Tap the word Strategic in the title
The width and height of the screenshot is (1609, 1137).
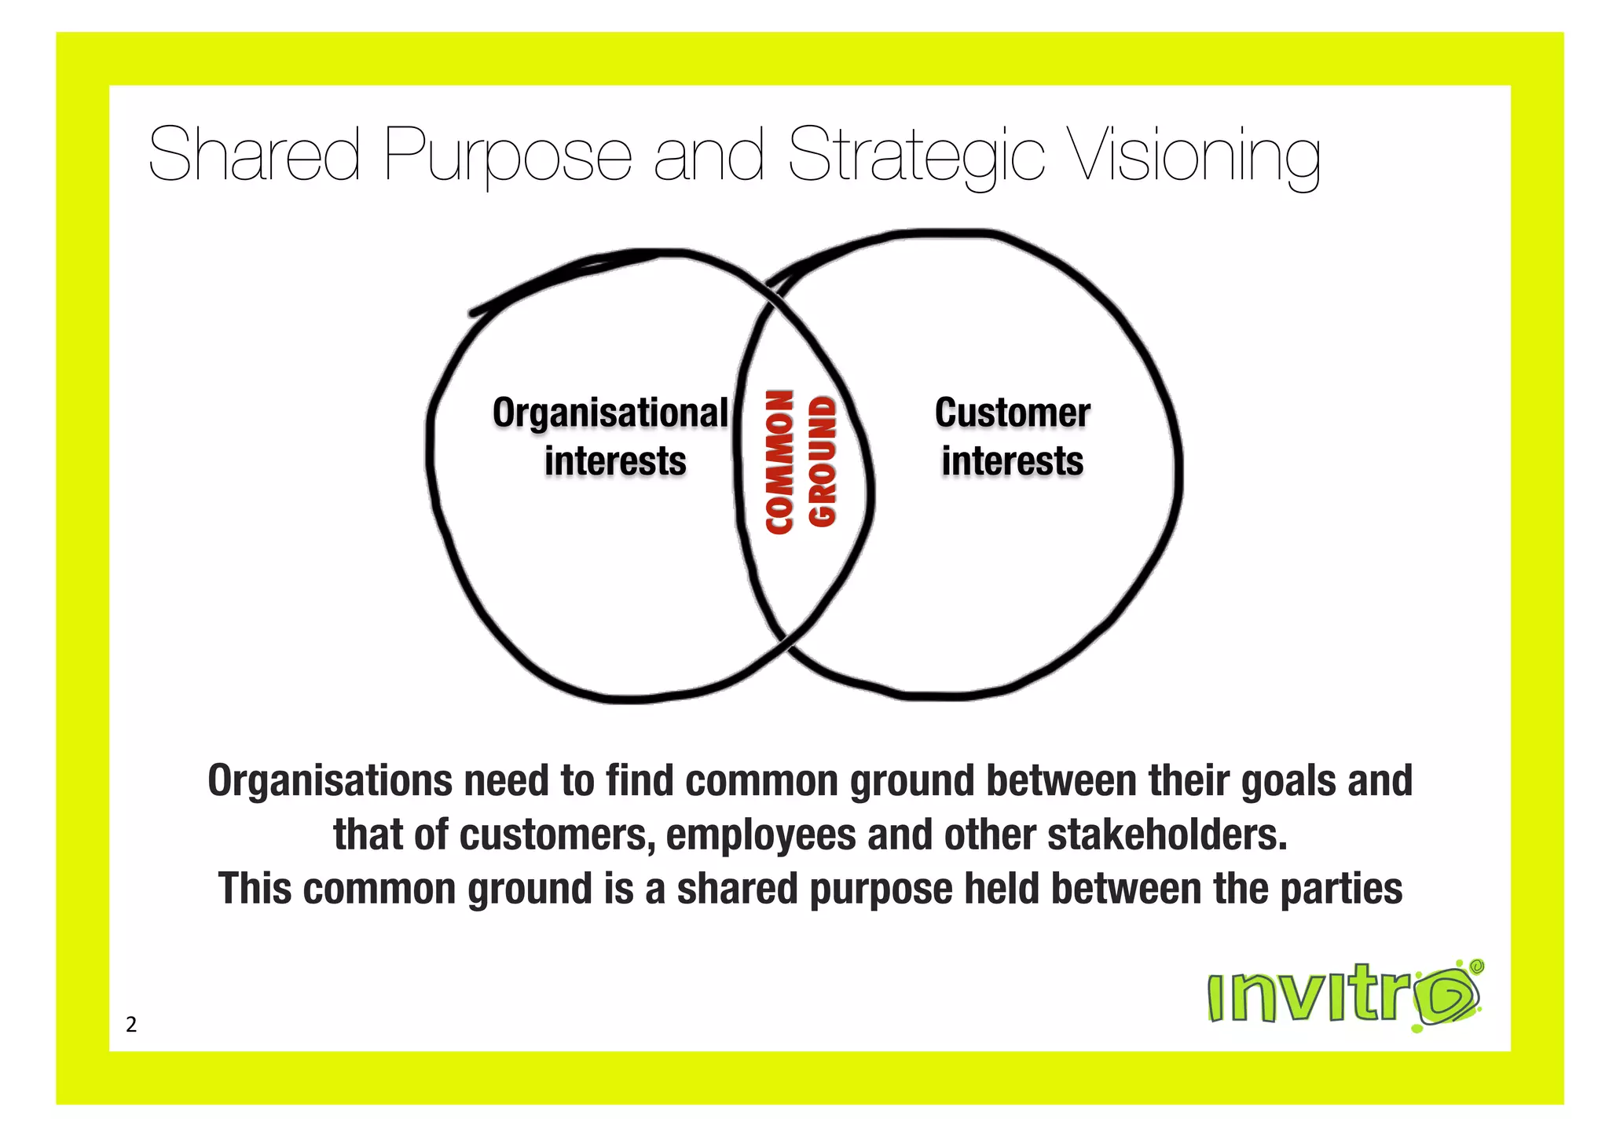coord(916,156)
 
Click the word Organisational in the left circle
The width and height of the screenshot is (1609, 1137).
coord(610,413)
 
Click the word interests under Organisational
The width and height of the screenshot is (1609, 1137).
coord(615,461)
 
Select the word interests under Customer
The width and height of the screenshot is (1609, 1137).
coord(1012,461)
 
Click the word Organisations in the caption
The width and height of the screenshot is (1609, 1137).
coord(330,781)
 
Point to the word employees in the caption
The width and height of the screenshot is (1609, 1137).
coord(761,834)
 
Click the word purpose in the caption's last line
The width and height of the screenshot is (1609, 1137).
coord(881,890)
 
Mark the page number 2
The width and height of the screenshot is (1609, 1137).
coord(131,1025)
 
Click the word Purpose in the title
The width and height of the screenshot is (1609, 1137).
coord(508,156)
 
